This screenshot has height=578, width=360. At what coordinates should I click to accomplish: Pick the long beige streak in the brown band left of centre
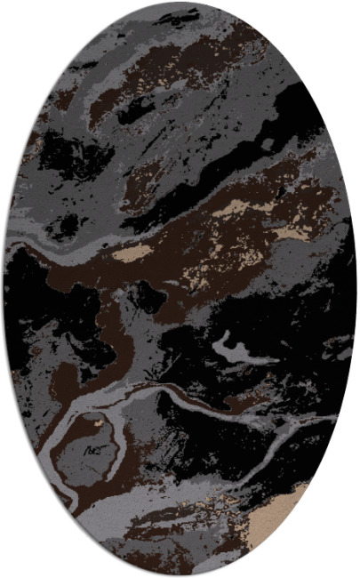(133, 253)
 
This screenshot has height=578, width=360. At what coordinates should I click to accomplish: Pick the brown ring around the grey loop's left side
(59, 436)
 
